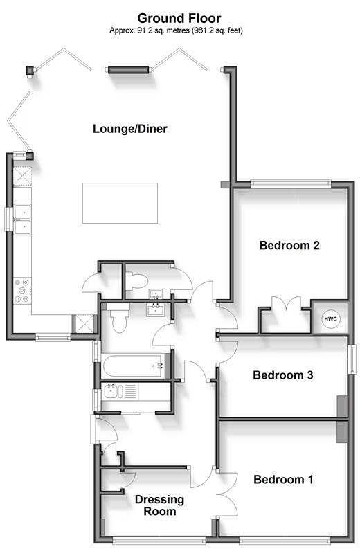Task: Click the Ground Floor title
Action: click(179, 18)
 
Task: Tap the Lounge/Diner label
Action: click(130, 129)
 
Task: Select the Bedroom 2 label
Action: click(289, 245)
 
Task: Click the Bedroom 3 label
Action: click(283, 375)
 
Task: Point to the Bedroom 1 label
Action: click(283, 479)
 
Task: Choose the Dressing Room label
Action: click(160, 505)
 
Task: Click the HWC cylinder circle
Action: click(330, 319)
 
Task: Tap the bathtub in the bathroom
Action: click(134, 366)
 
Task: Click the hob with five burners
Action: click(22, 290)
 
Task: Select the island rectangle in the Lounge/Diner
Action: click(120, 203)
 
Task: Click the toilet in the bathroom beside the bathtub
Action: click(118, 318)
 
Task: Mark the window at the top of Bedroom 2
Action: click(290, 183)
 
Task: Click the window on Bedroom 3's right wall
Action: click(351, 359)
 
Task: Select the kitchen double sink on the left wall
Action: click(22, 219)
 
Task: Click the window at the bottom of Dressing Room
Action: click(159, 541)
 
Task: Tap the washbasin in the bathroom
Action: click(155, 310)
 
